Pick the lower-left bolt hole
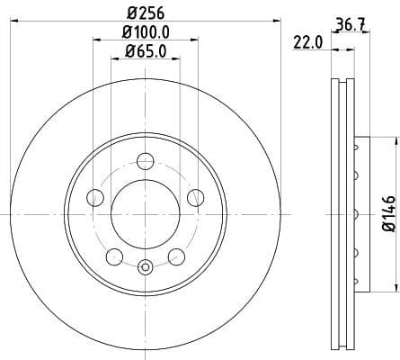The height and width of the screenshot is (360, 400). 114,257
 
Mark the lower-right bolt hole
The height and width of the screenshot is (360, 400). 176,257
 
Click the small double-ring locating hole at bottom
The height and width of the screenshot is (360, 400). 146,265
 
